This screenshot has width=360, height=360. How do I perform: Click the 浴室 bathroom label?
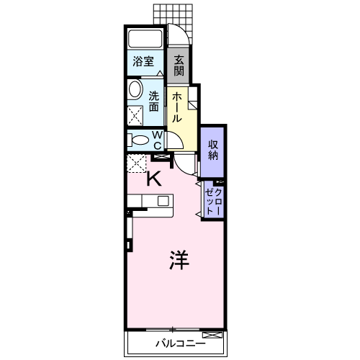[x=143, y=61]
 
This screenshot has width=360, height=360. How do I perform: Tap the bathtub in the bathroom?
[x=145, y=38]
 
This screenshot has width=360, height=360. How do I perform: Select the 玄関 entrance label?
[x=179, y=66]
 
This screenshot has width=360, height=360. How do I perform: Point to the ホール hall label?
[x=177, y=107]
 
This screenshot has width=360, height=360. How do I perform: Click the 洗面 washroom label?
[x=154, y=102]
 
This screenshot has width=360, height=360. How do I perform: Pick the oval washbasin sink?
[x=135, y=89]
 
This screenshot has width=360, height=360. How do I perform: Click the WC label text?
[x=158, y=140]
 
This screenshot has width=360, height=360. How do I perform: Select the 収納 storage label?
[x=213, y=150]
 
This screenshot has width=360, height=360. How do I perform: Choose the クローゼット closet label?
[x=213, y=202]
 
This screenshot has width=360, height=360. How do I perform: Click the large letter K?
[x=154, y=179]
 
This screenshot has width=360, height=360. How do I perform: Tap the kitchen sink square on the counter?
[x=163, y=201]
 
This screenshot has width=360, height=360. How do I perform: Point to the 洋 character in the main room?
[x=179, y=260]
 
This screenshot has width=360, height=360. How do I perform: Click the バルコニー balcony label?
[x=181, y=343]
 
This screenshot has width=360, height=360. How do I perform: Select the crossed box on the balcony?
[x=212, y=335]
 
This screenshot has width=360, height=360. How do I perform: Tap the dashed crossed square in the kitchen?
[x=136, y=163]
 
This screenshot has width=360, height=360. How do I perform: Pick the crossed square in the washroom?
[x=135, y=116]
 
